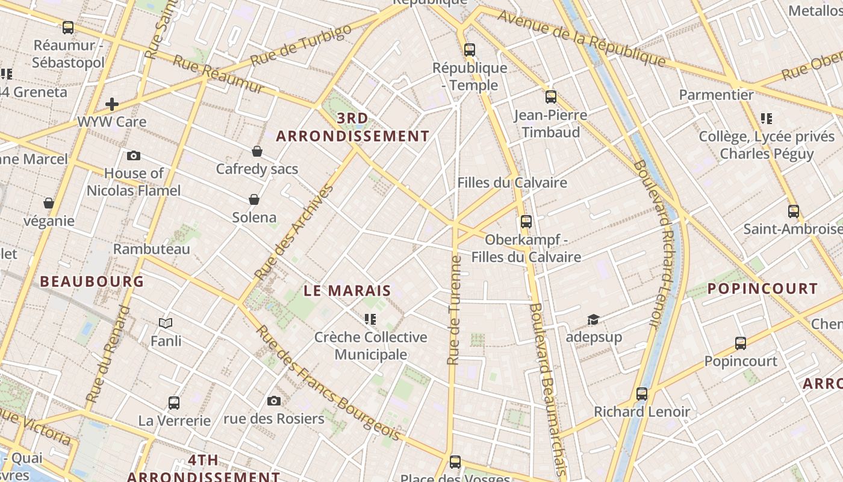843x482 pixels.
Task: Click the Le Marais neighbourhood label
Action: tap(347, 290)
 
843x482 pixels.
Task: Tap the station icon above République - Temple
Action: tap(470, 50)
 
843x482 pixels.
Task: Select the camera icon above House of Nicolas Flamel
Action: tap(134, 156)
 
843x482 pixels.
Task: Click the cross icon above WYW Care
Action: tap(112, 104)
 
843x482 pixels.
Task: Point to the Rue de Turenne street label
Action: tap(454, 310)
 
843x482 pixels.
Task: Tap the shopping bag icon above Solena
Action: tap(254, 199)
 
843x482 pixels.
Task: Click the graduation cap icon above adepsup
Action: tap(593, 319)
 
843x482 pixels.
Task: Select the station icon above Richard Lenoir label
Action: tap(642, 394)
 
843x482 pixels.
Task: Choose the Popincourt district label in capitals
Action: tap(762, 289)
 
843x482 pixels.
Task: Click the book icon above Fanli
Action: tap(166, 324)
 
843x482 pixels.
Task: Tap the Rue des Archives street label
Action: tap(294, 233)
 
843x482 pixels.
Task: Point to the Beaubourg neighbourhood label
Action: tap(92, 281)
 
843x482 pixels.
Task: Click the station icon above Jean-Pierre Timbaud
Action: tap(550, 97)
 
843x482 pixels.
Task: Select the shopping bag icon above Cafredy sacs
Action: tap(257, 151)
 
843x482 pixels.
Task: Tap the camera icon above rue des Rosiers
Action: tap(274, 401)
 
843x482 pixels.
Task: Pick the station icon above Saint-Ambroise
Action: tap(794, 211)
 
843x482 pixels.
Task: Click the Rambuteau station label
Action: tap(152, 249)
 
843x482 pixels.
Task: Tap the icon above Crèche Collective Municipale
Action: tap(370, 319)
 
